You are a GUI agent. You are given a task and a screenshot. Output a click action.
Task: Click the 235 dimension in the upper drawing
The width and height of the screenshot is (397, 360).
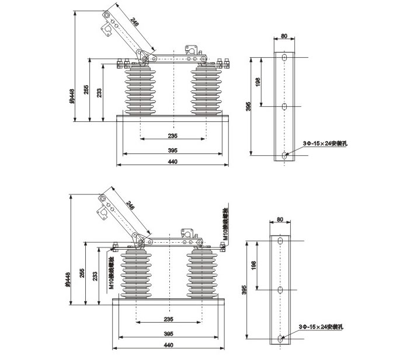tap(172, 136)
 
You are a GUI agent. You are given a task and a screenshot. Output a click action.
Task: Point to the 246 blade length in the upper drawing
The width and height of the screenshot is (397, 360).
tap(135, 23)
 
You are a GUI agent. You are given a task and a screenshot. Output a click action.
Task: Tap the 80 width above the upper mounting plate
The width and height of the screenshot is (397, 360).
tap(284, 36)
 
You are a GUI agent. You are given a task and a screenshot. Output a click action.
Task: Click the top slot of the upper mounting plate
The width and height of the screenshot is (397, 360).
tap(284, 59)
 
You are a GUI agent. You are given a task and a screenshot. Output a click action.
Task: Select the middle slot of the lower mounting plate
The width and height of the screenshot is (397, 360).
tap(280, 290)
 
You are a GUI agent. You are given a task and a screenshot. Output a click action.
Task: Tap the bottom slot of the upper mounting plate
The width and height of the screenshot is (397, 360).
tap(284, 155)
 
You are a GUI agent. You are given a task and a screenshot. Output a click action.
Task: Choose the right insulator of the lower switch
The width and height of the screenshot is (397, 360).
tap(201, 274)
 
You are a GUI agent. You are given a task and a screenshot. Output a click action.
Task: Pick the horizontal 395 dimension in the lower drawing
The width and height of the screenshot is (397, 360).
tap(168, 334)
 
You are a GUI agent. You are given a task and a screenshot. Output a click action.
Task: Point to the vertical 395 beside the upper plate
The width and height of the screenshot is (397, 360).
tap(248, 106)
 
